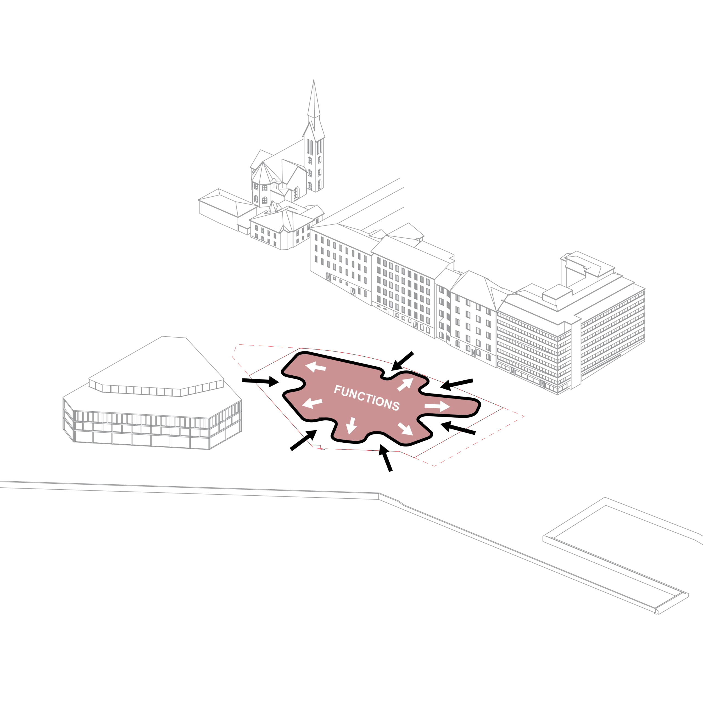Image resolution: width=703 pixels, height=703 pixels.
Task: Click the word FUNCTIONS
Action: [367, 397]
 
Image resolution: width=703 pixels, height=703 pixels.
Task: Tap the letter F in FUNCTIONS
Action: [337, 390]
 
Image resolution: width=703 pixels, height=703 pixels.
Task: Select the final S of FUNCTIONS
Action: [396, 406]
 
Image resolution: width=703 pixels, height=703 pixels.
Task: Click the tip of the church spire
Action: [314, 80]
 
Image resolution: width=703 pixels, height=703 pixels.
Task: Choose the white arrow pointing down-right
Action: [405, 429]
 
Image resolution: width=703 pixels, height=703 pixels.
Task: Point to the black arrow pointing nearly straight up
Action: [386, 458]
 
